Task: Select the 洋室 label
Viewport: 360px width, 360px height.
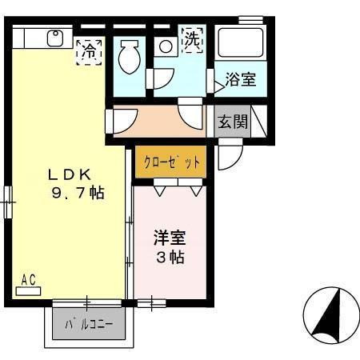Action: [169, 238]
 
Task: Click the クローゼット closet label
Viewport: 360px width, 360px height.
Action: [170, 161]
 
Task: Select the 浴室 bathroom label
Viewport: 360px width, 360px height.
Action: [239, 79]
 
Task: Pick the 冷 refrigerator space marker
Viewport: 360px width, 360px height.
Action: [89, 50]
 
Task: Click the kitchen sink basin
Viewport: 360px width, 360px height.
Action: [55, 37]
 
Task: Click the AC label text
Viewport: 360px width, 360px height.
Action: [29, 280]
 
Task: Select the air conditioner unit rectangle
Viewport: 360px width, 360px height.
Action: [28, 291]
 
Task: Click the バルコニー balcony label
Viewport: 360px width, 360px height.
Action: [90, 326]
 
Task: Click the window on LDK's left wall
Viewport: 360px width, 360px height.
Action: [9, 201]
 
